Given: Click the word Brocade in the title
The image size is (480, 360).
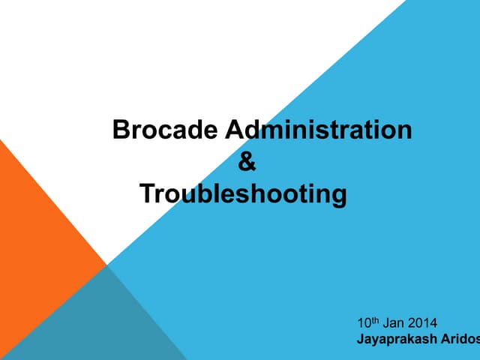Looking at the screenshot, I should coord(166,130).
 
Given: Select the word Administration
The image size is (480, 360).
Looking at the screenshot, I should coord(319,130).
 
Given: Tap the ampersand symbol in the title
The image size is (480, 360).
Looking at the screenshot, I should coord(246,162).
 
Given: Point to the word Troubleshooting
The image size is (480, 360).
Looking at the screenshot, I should coord(244,194).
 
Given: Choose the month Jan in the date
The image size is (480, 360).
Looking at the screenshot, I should coord(394,325).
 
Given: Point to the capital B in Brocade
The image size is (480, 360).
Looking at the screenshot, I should coord(120,130).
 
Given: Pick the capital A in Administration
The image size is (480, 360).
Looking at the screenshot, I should coord(235,130).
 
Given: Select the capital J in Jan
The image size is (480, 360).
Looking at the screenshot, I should coord(385,325).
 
